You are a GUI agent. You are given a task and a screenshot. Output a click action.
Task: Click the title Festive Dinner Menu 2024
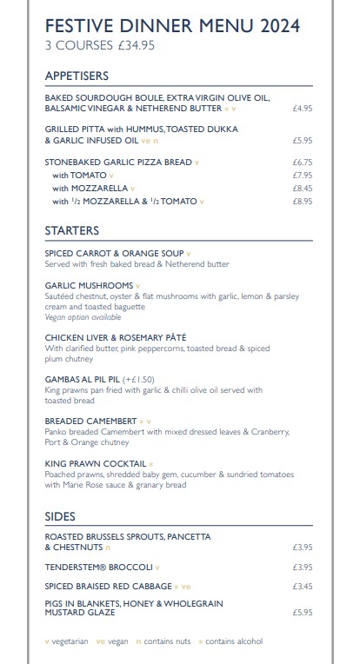pos(172,27)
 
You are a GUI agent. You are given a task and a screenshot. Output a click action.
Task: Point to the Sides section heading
pos(60,516)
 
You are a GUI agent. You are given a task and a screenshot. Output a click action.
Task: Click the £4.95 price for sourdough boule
pos(302,110)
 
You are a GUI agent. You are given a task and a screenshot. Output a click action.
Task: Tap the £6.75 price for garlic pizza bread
pos(302,163)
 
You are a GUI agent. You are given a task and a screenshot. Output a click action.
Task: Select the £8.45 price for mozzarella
pos(302,188)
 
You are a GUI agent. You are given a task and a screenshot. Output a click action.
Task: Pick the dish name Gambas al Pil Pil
pos(82,380)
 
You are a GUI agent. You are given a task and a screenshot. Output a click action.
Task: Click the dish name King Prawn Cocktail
pos(95,464)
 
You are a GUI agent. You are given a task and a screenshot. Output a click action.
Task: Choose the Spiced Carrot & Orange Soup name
pos(114,254)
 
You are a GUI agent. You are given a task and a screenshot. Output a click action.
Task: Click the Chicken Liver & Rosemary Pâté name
pos(116,337)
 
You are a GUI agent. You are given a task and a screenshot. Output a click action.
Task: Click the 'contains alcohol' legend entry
pos(233,641)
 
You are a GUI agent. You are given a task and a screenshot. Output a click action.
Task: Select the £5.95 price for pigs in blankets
pos(302,612)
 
